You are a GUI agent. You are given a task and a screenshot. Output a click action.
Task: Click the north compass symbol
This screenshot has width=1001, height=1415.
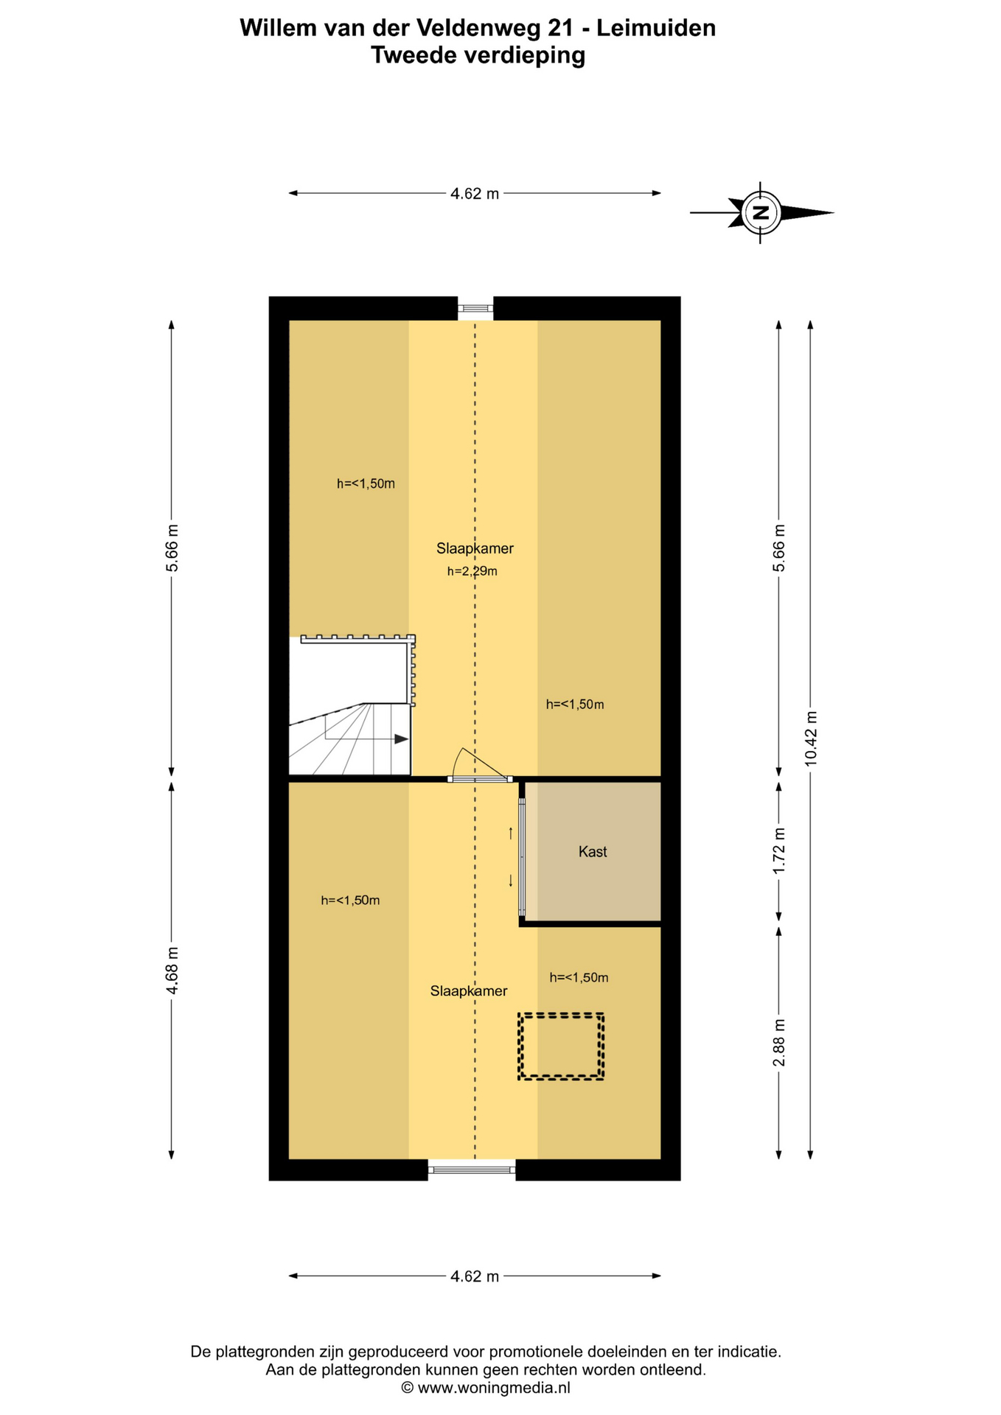point(761,212)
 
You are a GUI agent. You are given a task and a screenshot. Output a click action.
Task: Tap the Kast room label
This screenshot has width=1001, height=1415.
point(593,851)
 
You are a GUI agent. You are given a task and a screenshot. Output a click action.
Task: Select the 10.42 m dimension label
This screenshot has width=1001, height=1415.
point(811,738)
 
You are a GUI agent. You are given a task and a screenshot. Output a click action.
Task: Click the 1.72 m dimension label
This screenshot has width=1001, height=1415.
point(779,851)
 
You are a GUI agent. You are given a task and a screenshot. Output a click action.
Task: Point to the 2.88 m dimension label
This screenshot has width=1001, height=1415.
point(779,1042)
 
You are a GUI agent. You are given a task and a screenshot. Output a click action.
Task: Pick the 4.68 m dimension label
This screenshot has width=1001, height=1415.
point(172,971)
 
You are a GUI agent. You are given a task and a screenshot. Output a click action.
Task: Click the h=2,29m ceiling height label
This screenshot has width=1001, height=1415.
point(472,571)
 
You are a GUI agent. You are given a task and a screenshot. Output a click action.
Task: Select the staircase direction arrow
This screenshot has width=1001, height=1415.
point(367,738)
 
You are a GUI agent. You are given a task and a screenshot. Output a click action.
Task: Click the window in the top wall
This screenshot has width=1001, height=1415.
point(475,308)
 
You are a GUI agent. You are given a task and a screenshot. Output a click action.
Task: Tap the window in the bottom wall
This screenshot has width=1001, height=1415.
point(472,1169)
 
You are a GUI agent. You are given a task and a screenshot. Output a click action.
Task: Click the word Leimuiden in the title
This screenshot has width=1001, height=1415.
point(656,28)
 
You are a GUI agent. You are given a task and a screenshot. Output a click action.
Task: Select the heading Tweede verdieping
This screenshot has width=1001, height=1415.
point(478,55)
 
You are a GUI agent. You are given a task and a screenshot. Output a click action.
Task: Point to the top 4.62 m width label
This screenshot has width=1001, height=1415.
point(475,194)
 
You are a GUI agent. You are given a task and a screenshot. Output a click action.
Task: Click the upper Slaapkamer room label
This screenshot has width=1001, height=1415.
point(475,548)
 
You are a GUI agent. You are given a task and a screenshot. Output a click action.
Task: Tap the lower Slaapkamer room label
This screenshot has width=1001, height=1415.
point(469,991)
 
